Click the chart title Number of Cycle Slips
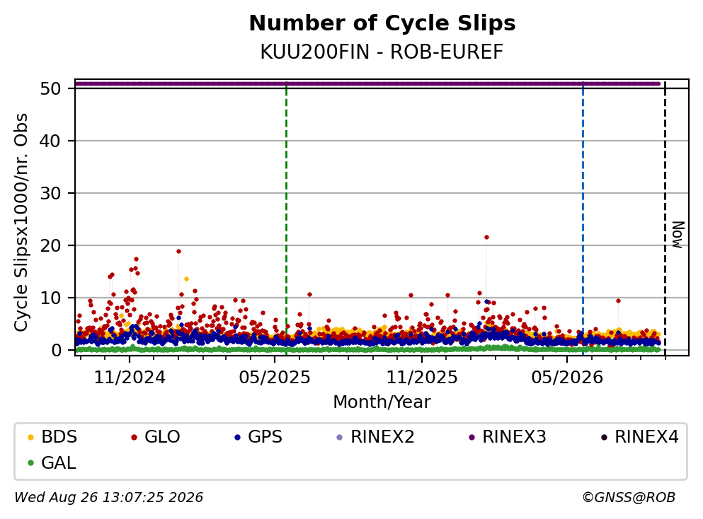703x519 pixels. click(x=382, y=23)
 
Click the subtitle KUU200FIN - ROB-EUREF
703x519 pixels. click(x=382, y=52)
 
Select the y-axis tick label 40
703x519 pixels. click(x=50, y=141)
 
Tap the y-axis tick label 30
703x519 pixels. click(x=50, y=194)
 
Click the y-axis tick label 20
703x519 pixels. click(x=50, y=245)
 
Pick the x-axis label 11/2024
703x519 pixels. click(x=130, y=378)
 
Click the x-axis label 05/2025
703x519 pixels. click(x=275, y=378)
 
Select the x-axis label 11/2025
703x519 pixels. click(x=422, y=378)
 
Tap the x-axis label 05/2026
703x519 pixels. click(x=567, y=378)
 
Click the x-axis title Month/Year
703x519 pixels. click(x=382, y=402)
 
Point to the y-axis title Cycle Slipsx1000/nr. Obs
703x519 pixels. click(x=21, y=223)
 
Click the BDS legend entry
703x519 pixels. click(x=52, y=436)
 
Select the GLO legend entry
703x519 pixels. click(x=155, y=436)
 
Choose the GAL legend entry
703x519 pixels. click(x=52, y=462)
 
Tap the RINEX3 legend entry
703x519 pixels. click(x=507, y=436)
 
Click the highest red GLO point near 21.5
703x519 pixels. click(x=486, y=238)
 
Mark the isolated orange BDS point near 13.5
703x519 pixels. click(x=186, y=279)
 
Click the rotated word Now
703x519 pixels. click(x=678, y=235)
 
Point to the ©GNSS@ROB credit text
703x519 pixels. click(x=629, y=497)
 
